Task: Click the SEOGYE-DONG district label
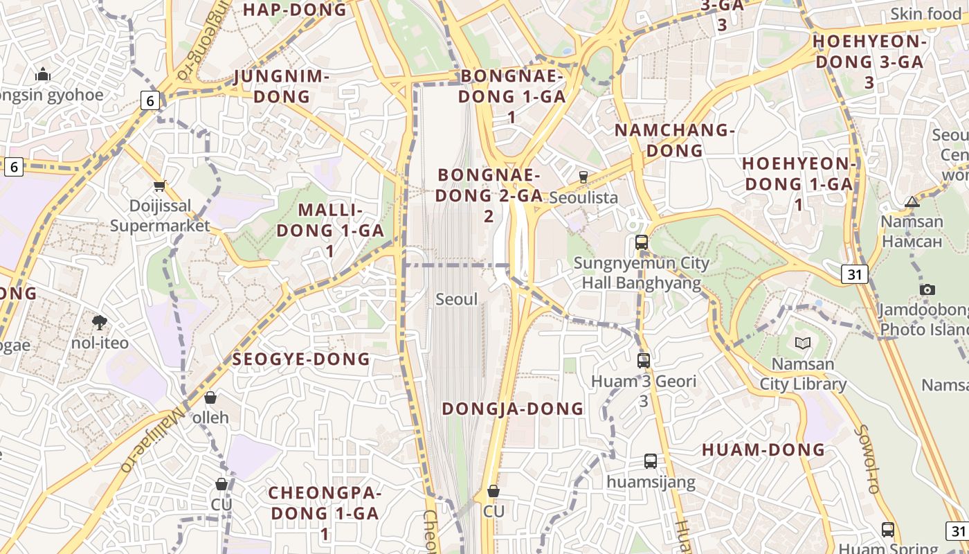(301, 359)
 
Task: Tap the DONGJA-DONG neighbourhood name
(513, 409)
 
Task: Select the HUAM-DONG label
(763, 450)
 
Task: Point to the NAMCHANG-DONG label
(674, 140)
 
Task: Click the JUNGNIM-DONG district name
(281, 86)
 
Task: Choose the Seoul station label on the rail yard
(457, 300)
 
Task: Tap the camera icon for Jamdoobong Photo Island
(927, 289)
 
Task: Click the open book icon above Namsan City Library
(803, 343)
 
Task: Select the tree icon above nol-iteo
(100, 322)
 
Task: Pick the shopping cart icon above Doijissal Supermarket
(160, 186)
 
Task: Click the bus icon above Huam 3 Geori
(644, 361)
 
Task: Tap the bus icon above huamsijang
(651, 461)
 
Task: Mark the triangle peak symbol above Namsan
(912, 202)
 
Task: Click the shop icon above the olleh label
(210, 397)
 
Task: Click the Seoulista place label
(583, 197)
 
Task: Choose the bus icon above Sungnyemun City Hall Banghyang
(642, 242)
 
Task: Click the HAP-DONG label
(294, 10)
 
